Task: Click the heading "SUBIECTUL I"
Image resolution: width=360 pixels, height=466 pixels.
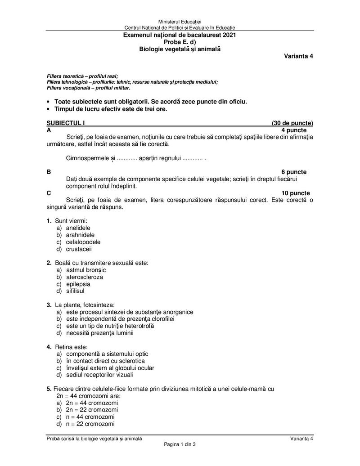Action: coord(66,123)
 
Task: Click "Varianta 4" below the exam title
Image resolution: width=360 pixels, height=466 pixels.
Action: coord(298,56)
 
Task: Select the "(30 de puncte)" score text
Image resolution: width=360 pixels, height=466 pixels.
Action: coord(292,123)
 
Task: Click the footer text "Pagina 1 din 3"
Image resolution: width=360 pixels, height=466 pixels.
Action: coord(180,444)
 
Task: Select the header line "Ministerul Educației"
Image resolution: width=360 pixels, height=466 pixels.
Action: coord(180,22)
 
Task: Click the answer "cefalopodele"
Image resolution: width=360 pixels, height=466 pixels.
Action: coord(83,242)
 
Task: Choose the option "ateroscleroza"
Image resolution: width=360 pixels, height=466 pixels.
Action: coord(84,277)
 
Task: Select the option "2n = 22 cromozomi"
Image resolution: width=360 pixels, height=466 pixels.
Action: coord(92,410)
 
